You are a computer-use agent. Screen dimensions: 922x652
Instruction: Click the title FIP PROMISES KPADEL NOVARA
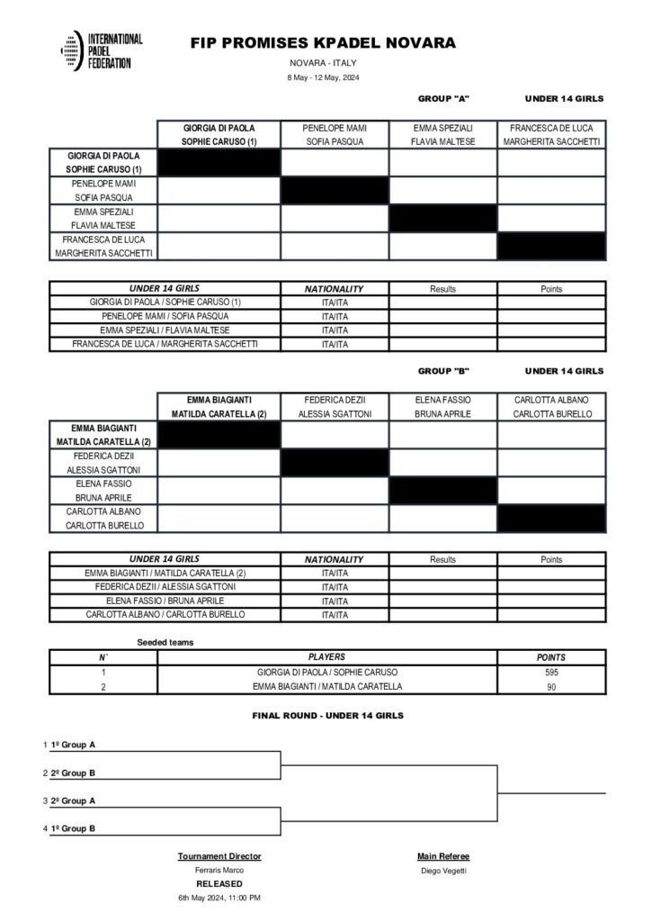pos(324,43)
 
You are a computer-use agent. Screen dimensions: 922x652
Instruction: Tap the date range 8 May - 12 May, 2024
pos(323,78)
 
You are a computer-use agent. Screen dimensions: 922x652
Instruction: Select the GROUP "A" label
pos(444,98)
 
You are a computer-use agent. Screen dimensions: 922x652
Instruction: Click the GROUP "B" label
pos(444,370)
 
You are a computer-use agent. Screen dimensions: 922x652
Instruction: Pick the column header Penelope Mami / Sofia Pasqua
pos(335,134)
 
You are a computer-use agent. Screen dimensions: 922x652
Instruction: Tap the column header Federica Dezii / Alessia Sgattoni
pos(335,406)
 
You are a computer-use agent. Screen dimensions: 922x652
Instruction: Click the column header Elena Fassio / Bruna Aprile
pos(442,406)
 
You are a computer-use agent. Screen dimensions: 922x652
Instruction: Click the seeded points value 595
pos(551,673)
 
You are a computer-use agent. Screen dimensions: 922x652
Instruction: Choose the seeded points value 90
pos(551,687)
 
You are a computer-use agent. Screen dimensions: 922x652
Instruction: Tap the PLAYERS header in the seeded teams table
pos(327,657)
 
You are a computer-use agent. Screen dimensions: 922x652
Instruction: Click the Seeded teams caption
pos(165,642)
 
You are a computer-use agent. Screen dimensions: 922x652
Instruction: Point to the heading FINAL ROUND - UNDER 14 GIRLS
pos(326,715)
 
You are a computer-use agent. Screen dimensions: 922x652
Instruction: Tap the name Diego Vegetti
pos(443,871)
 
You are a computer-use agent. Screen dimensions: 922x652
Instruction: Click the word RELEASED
pos(219,884)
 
